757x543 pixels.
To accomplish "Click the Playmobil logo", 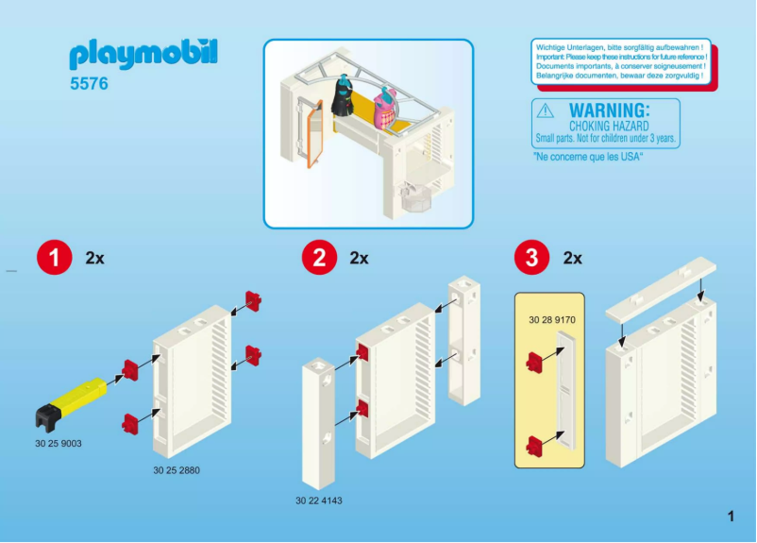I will [x=143, y=55].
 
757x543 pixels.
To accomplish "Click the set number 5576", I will [x=89, y=84].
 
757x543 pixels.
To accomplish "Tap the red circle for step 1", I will [x=54, y=258].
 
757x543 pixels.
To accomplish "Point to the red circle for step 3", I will [x=531, y=258].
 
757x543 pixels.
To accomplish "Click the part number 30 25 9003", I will [x=59, y=442].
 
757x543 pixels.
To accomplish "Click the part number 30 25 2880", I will [x=177, y=469].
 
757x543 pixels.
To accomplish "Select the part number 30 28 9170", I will [x=552, y=320].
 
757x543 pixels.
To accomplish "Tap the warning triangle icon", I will [x=546, y=110].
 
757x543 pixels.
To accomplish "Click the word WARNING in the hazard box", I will [x=609, y=110].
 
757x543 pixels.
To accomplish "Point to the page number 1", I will [x=731, y=516].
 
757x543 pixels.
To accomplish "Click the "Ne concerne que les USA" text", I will [x=588, y=158].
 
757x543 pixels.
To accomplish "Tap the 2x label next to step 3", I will [x=572, y=258].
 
